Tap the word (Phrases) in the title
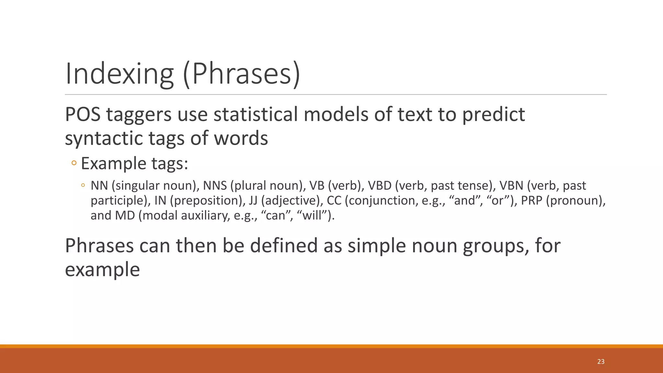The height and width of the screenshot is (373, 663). [242, 74]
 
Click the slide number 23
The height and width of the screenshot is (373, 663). [601, 362]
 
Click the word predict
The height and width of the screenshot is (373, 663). [493, 115]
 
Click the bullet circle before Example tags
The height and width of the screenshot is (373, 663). [74, 163]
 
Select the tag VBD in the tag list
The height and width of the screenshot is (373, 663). [380, 186]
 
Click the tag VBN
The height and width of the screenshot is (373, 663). [511, 186]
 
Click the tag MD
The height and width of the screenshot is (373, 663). [125, 216]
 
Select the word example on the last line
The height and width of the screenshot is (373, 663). [102, 270]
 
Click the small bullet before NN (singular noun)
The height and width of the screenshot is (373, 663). [83, 186]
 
